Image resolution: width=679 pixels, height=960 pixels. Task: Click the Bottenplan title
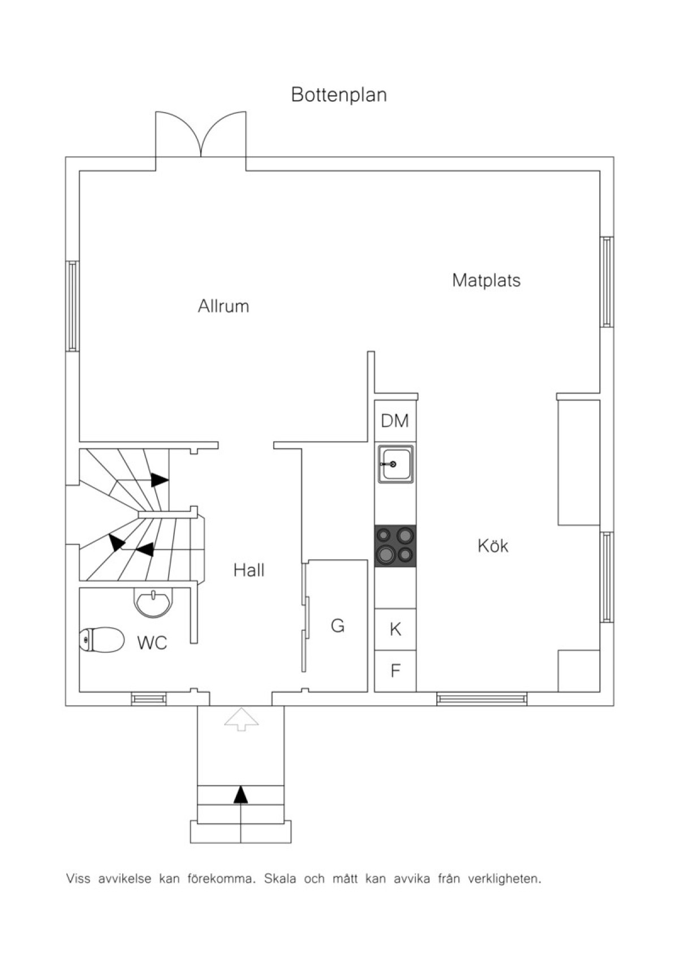[x=338, y=94]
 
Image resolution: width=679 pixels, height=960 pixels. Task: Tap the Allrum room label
[x=224, y=306]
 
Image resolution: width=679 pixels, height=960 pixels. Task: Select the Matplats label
[x=486, y=280]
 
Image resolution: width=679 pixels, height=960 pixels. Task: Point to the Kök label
[x=493, y=545]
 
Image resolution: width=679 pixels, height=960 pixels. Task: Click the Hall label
[x=248, y=570]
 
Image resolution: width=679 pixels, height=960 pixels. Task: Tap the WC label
[x=152, y=643]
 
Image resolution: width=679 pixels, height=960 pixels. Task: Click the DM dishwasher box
[x=395, y=421]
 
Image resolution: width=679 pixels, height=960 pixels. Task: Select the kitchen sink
[x=396, y=464]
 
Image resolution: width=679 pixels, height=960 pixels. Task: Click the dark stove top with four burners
[x=395, y=546]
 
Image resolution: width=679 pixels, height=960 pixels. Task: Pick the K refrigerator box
[x=395, y=629]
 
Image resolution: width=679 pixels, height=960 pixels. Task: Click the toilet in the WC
[x=102, y=640]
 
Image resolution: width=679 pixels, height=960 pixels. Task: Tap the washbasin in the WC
[x=153, y=602]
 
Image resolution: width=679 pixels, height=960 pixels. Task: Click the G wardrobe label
[x=338, y=626]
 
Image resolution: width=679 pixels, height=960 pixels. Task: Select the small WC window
[x=149, y=699]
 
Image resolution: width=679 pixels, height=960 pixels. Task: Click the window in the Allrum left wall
[x=72, y=306]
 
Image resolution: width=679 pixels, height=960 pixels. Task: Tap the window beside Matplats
[x=607, y=282]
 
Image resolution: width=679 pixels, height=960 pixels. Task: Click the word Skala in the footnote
[x=280, y=878]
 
